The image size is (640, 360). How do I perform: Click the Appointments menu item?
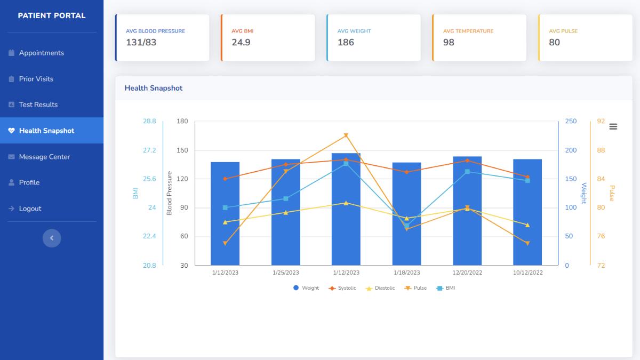(41, 53)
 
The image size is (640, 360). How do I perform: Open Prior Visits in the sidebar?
(36, 79)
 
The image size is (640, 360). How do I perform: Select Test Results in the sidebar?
(38, 105)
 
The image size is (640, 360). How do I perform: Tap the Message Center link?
(44, 157)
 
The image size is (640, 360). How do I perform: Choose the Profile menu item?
(29, 182)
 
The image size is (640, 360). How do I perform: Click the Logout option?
(30, 209)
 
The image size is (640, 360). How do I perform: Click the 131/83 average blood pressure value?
(141, 43)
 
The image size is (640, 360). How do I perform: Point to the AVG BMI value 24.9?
(241, 43)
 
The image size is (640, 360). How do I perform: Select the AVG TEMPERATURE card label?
(468, 31)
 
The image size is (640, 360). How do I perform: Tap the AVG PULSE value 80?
(555, 43)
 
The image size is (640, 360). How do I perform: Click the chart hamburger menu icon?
(613, 126)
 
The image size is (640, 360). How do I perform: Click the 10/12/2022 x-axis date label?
(527, 273)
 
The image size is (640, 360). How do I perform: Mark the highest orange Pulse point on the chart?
(346, 135)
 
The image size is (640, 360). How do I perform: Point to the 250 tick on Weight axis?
(571, 122)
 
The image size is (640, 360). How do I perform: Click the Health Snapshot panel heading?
(154, 88)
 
